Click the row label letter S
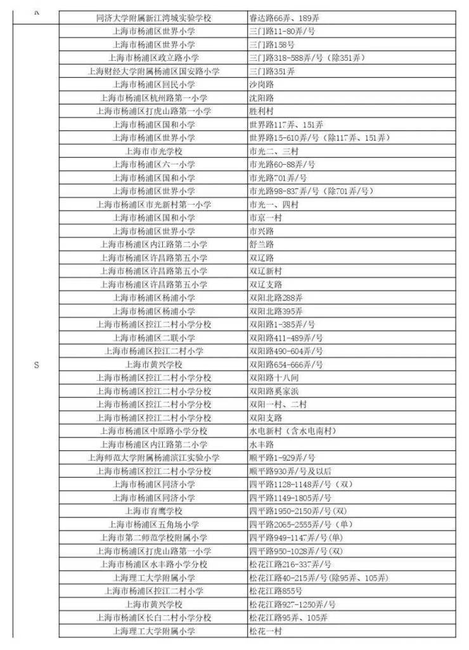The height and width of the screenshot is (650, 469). [x=36, y=364]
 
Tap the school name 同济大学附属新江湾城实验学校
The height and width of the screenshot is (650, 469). [x=154, y=18]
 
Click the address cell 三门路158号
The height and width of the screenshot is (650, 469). [x=273, y=44]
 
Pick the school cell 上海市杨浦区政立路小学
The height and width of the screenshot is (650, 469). [x=154, y=58]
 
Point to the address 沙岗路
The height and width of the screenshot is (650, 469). [x=262, y=84]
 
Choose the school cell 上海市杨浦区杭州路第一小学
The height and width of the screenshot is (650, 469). [x=154, y=98]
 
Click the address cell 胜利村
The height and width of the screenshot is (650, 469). [x=262, y=111]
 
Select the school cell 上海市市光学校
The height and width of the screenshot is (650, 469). [x=154, y=151]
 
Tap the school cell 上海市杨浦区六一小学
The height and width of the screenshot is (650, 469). [x=154, y=164]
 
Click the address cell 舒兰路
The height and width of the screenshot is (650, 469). [x=262, y=244]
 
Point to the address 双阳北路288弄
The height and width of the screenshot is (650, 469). [x=276, y=297]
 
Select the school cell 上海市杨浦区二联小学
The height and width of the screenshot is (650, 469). [x=154, y=338]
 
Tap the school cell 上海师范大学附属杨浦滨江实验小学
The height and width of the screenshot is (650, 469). [x=154, y=457]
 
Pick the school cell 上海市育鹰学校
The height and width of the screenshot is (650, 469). [x=154, y=511]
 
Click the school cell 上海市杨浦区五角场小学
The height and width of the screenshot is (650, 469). [x=154, y=524]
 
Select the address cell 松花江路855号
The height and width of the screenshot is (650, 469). [x=276, y=590]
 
